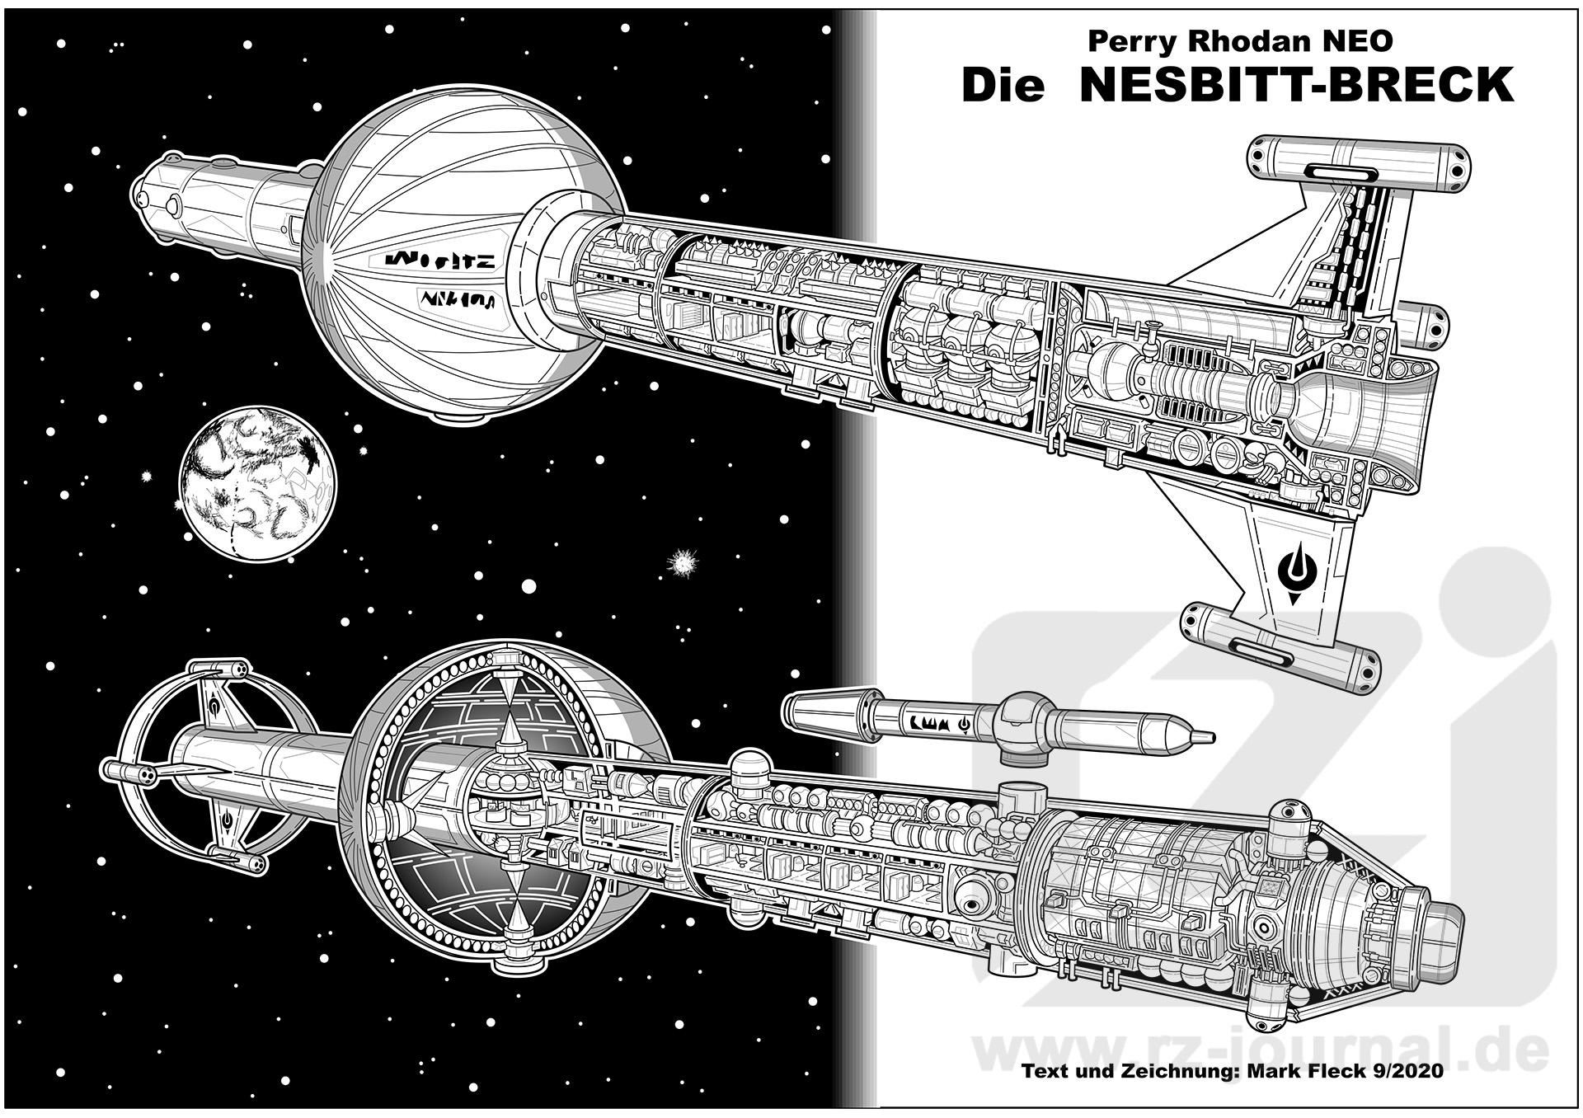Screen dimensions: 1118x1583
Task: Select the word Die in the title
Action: tap(1003, 85)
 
